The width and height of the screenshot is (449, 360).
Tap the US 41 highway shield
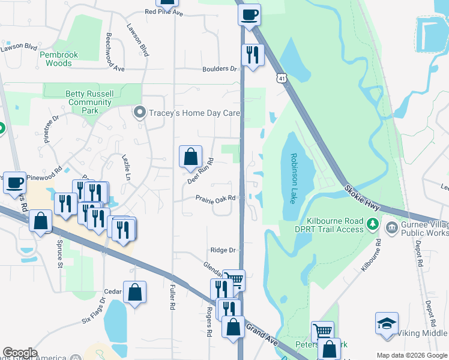282,78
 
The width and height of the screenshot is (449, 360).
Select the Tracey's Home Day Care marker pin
140,113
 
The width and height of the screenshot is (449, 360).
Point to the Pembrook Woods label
59,59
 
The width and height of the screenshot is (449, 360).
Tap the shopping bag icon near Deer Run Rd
190,157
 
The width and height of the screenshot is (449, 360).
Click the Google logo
20,353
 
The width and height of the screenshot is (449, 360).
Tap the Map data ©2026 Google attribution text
411,355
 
